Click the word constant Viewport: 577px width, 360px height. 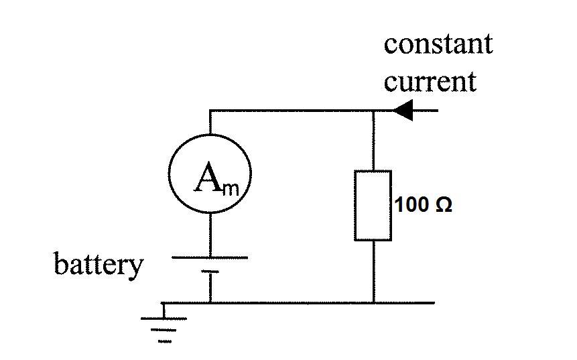(438, 44)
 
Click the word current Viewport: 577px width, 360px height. (430, 82)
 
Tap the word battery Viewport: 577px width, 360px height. (99, 264)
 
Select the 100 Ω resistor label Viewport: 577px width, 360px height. (424, 205)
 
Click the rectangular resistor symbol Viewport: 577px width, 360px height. (373, 205)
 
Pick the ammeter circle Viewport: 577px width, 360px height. (210, 174)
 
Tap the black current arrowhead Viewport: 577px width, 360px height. (403, 111)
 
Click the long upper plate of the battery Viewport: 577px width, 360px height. (210, 257)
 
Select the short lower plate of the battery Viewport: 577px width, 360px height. (210, 272)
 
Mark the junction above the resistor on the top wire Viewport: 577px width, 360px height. (373, 111)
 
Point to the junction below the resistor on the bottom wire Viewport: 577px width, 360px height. (373, 303)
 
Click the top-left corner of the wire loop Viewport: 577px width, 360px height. (210, 111)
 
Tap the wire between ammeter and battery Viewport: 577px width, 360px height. (210, 235)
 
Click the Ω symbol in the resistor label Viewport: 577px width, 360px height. (444, 205)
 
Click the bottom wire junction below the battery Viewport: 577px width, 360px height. (210, 303)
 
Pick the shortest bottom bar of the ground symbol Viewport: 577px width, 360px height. (165, 341)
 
